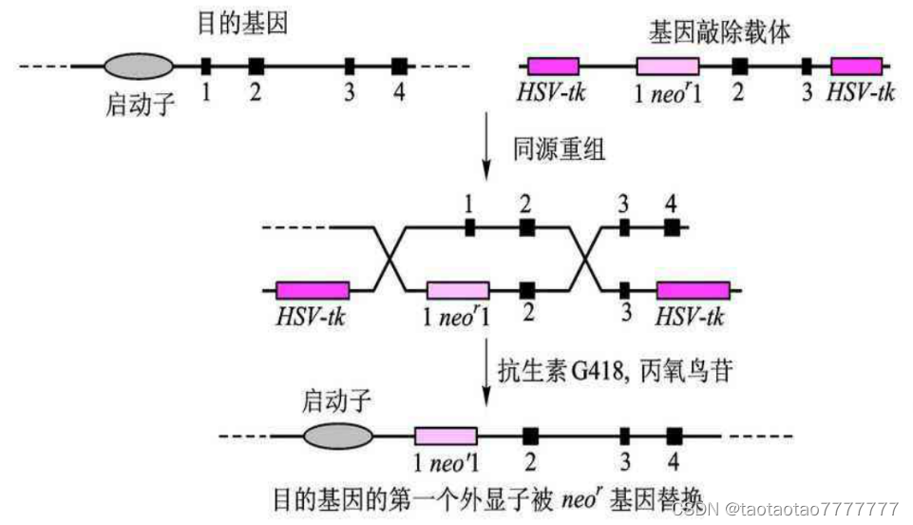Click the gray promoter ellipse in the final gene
pyautogui.click(x=338, y=437)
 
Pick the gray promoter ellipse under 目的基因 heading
pyautogui.click(x=139, y=66)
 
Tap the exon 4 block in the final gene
pyautogui.click(x=675, y=437)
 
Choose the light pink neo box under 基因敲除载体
pyautogui.click(x=668, y=66)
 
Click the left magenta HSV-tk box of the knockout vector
pyautogui.click(x=553, y=66)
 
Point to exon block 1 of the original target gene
pyautogui.click(x=205, y=66)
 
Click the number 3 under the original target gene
pyautogui.click(x=350, y=92)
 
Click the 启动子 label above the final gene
pyautogui.click(x=335, y=400)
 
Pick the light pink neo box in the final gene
pyautogui.click(x=447, y=437)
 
